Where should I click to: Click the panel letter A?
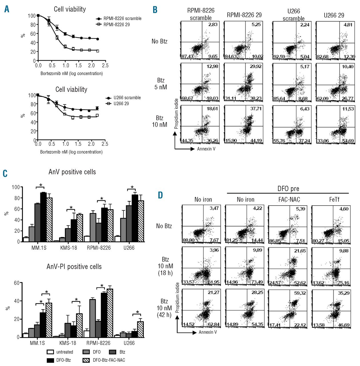pos(7,9)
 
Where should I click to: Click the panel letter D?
pos(160,195)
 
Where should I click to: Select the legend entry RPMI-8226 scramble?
pos(123,18)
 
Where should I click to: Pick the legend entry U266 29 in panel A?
pos(121,104)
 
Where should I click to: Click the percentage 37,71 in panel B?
pos(256,109)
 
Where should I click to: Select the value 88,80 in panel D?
pos(189,240)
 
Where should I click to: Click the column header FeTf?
pos(334,199)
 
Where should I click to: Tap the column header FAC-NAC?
pos(289,199)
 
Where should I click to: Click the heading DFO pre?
pos(288,189)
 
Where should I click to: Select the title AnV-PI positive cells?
pos(74,266)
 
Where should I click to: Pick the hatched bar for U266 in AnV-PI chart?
pos(140,329)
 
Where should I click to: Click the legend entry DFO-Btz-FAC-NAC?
pos(109,360)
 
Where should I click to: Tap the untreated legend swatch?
pos(50,352)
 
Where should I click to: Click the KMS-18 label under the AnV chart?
pos(69,248)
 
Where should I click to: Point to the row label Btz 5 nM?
pos(161,84)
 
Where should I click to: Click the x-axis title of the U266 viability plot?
pos(71,152)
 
